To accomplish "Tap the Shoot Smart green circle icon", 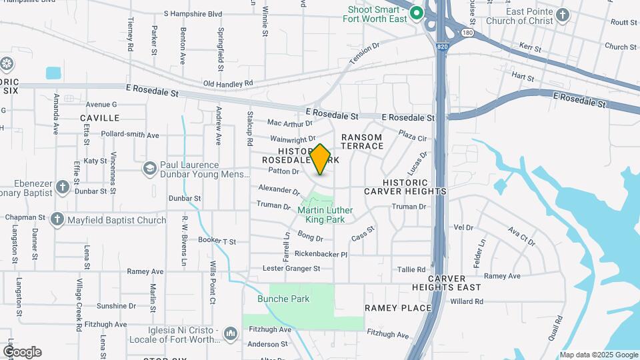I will point(417,13).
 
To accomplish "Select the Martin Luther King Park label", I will point(325,215).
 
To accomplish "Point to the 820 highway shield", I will point(444,46).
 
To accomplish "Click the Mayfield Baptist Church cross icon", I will point(57,219).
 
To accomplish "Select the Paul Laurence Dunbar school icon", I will point(149,169).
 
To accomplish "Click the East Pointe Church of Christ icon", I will point(563,15).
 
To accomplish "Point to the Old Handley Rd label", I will point(228,83).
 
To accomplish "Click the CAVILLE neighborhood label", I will point(100,118).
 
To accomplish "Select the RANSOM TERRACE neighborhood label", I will point(362,141).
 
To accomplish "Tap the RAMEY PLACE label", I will point(398,308).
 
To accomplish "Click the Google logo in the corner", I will point(22,352).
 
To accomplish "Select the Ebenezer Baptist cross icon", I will point(63,187).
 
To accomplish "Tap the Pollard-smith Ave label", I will point(130,135).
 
